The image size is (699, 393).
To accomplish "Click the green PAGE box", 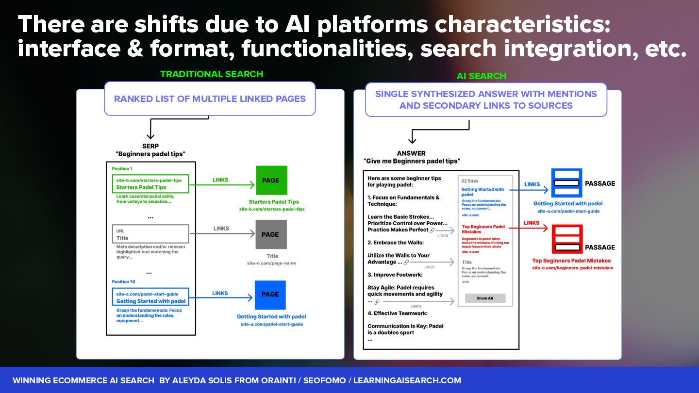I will pos(271,180).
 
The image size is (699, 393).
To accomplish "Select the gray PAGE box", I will pos(271,234).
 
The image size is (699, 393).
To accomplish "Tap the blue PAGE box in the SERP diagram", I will pos(270,295).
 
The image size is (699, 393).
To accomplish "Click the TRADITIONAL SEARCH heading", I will pos(212,74).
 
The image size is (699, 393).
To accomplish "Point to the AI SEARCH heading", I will pos(481,76).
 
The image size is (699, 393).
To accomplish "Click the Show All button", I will pos(485,298).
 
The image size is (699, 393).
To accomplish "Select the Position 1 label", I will pos(122,169).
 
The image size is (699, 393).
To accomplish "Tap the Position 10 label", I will pos(123,281).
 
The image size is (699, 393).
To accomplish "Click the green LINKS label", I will pos(220,180).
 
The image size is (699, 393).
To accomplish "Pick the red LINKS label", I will pos(532,223).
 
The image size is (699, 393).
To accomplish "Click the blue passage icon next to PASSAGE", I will pos(566,183).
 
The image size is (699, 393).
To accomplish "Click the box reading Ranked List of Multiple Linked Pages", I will pos(210,99).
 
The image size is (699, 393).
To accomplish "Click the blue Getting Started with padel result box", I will pos(151,297).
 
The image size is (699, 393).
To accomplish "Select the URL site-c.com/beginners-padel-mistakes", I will pos(572,268).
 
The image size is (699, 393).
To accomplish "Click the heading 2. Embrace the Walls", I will pos(396,243).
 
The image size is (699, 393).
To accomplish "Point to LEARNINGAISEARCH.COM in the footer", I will pos(407,380).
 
